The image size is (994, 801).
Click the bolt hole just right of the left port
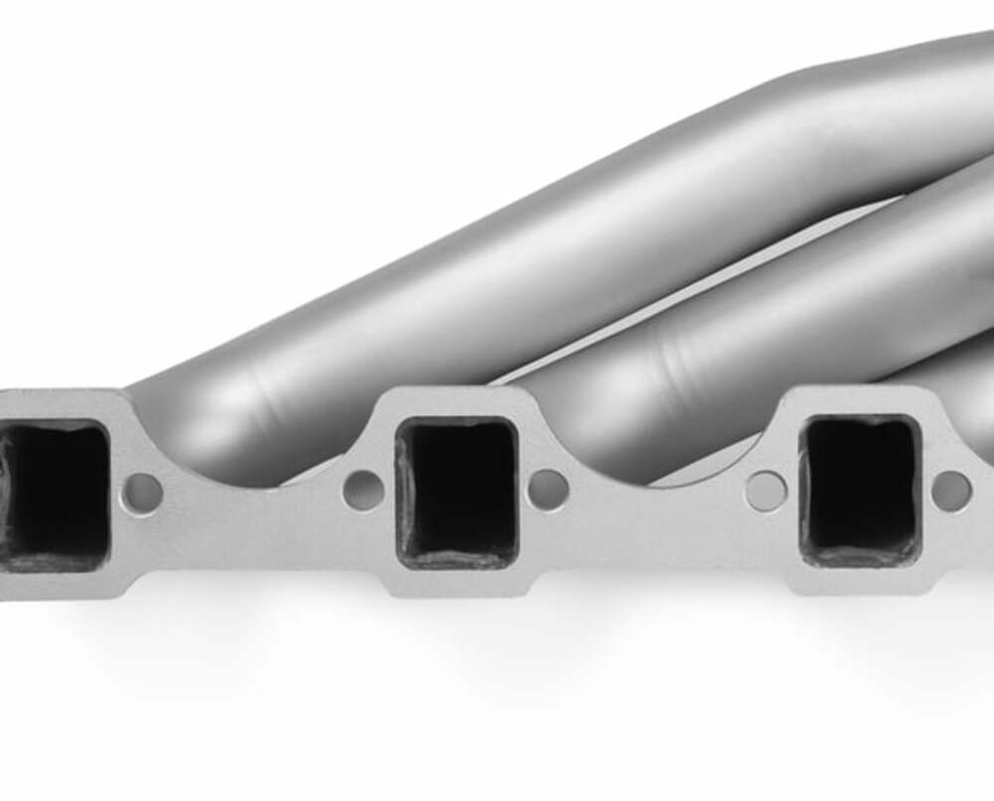coord(142,493)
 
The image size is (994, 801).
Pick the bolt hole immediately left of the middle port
coord(363,490)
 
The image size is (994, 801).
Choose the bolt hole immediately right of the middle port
coord(548,490)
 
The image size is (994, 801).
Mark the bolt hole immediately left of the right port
coord(765,491)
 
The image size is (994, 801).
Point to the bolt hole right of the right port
coord(951,490)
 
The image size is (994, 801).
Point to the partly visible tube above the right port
coord(954,378)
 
